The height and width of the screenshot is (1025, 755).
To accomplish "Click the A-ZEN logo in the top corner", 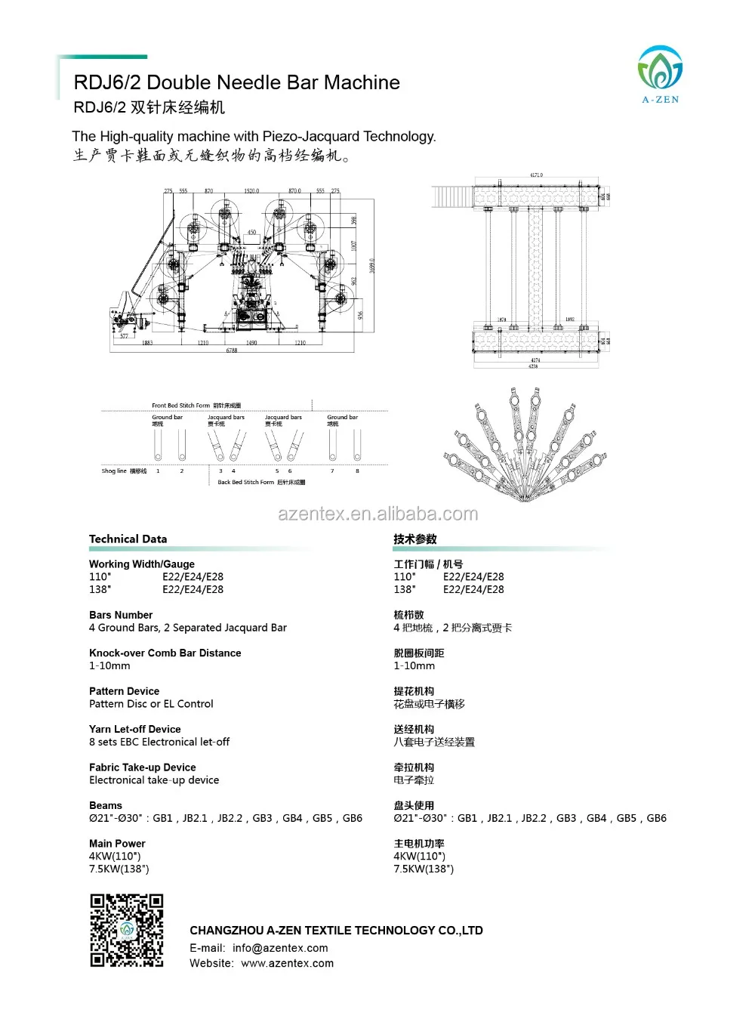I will click(660, 74).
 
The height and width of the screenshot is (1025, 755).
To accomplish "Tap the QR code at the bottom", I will click(127, 930).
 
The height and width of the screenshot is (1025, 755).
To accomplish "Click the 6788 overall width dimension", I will click(232, 350).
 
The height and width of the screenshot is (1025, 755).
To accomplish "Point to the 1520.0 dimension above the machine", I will click(251, 191).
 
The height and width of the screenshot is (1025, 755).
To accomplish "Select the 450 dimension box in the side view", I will click(251, 233).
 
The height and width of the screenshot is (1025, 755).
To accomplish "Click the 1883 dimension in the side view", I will click(147, 343).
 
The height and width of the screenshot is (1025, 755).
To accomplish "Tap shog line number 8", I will click(357, 471).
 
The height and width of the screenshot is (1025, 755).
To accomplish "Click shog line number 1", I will click(158, 471).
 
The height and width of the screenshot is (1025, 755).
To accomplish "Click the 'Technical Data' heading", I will click(128, 539).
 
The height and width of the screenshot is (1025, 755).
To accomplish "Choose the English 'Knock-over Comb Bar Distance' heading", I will click(165, 653).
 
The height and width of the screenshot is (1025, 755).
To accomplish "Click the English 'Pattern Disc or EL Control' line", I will click(151, 703).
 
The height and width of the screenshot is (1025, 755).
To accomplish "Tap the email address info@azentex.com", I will click(280, 948).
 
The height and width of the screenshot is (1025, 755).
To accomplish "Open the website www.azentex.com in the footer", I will click(287, 963).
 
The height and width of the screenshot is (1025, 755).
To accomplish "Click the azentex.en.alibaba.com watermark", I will click(377, 514).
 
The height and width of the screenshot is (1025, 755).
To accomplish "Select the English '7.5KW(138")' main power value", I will click(119, 869).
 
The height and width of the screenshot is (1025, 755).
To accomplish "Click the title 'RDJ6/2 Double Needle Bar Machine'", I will click(236, 82).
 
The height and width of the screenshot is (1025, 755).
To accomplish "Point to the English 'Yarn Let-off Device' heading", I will click(134, 729).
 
